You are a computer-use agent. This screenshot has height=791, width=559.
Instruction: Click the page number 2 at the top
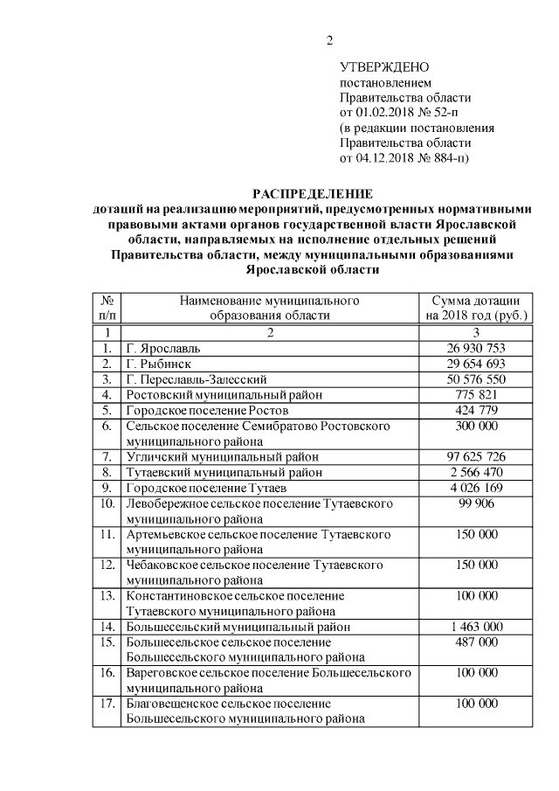pyautogui.click(x=330, y=40)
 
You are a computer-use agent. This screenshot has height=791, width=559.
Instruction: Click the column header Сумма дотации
pyautogui.click(x=476, y=301)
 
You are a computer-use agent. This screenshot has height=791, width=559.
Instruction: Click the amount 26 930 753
pyautogui.click(x=476, y=348)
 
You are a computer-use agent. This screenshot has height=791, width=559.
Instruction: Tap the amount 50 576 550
pyautogui.click(x=476, y=379)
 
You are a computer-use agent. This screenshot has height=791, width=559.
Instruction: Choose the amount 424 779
pyautogui.click(x=476, y=411)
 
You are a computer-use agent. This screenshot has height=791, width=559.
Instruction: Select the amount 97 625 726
pyautogui.click(x=476, y=457)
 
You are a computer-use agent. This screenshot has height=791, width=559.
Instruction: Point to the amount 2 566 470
pyautogui.click(x=476, y=473)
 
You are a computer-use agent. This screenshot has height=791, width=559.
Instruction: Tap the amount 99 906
pyautogui.click(x=476, y=504)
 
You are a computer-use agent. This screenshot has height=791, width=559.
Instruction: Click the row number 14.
pyautogui.click(x=106, y=627)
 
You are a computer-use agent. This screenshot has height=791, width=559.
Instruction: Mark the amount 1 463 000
pyautogui.click(x=476, y=627)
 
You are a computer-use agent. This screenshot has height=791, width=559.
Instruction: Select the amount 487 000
pyautogui.click(x=476, y=642)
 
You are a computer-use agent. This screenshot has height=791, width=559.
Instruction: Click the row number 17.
pyautogui.click(x=106, y=704)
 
